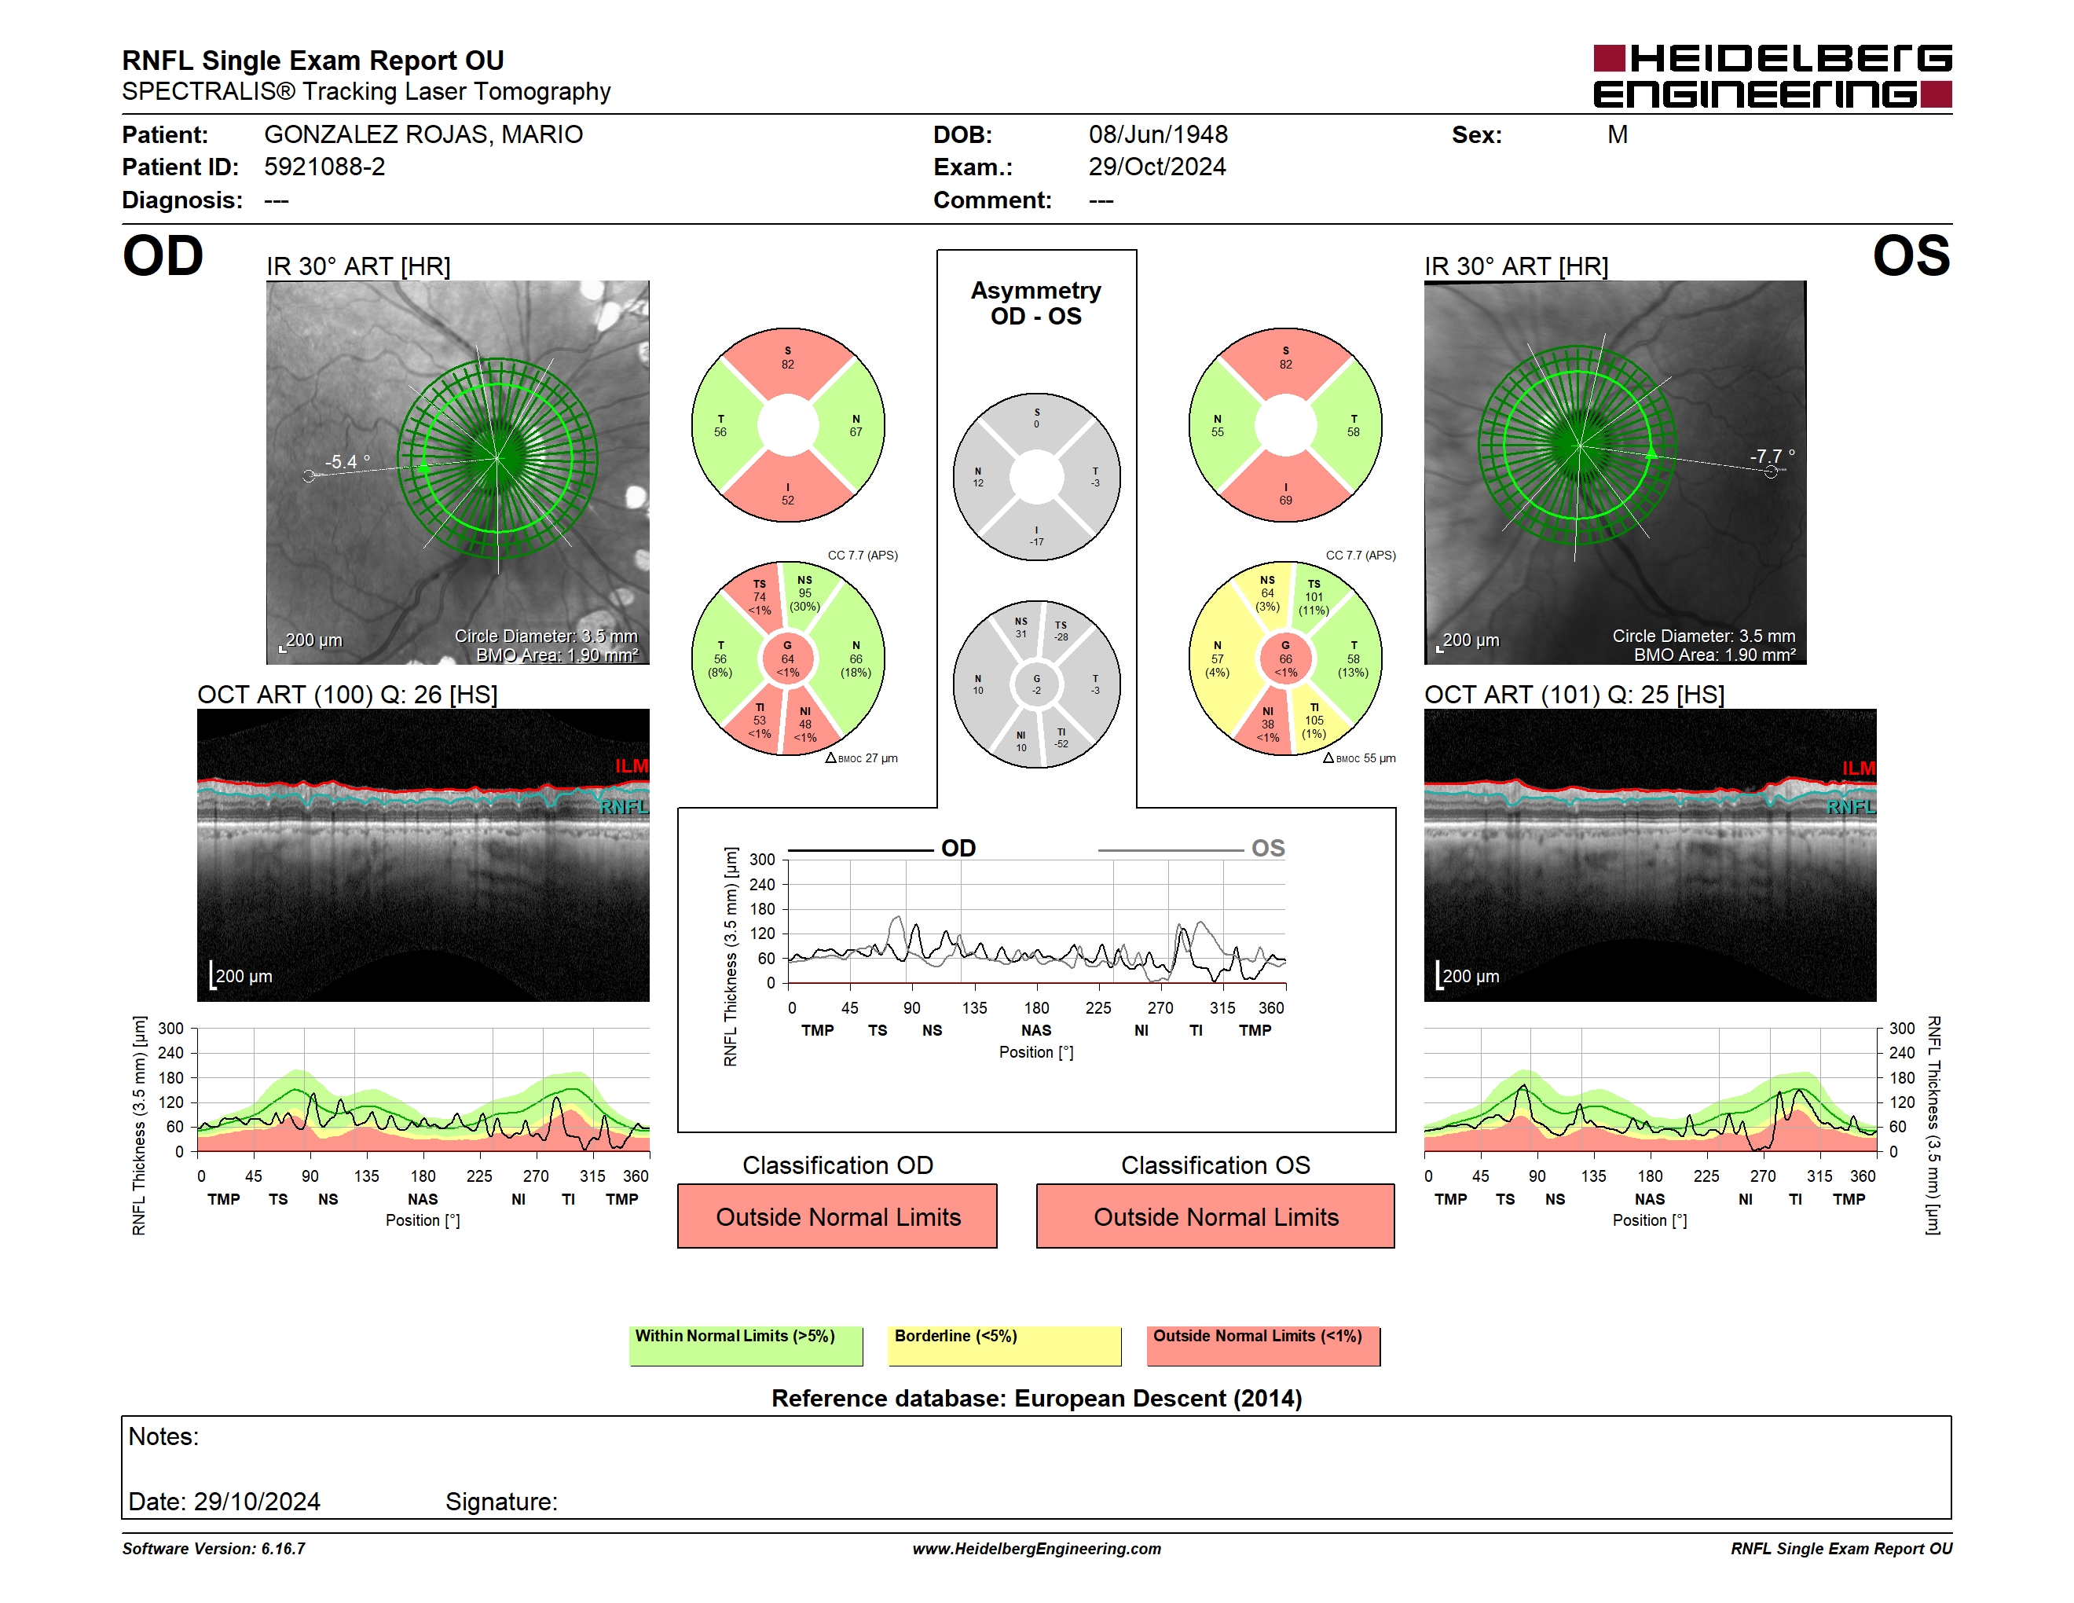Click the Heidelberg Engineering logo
(1772, 76)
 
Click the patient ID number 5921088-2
(324, 167)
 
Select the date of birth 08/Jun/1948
(1158, 135)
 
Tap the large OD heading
(163, 256)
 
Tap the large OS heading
(1911, 256)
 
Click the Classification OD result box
(837, 1216)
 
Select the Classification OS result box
(1215, 1216)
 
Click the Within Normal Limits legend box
(746, 1345)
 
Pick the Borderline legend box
(1005, 1345)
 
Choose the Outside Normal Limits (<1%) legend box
(1264, 1345)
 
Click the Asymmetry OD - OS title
(1036, 303)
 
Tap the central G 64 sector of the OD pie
(787, 658)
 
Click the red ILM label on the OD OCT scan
(632, 766)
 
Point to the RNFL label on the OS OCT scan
(1851, 807)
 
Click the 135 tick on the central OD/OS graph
(974, 1007)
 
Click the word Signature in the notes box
(501, 1502)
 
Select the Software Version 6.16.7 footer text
(214, 1549)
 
